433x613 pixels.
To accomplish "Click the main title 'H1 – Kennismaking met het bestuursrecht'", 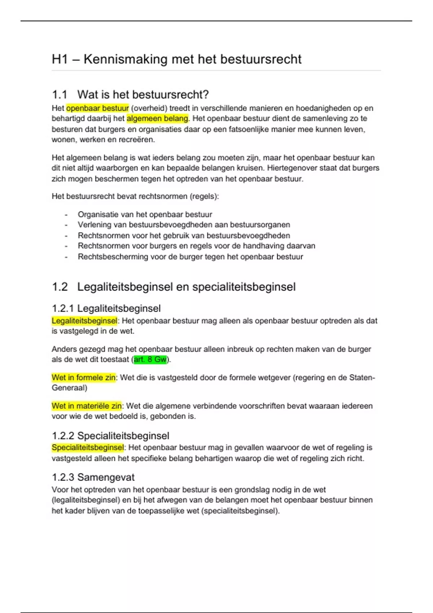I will coord(176,59).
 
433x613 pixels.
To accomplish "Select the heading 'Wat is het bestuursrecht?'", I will coord(143,94).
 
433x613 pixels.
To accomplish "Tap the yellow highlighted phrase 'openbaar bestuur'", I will coord(97,108).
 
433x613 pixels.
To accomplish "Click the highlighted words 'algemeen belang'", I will coord(157,118).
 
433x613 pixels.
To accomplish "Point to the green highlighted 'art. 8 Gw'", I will coord(150,360).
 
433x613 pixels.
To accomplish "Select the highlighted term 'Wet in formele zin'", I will coord(83,378).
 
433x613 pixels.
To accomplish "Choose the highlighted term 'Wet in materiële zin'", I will coord(87,406).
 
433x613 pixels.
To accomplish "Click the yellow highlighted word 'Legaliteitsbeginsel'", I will coord(84,321).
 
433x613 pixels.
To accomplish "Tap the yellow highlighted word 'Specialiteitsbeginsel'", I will coord(88,447).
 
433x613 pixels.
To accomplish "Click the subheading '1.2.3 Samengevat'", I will coord(93,477).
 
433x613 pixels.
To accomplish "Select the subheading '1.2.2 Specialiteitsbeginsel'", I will coord(110,436).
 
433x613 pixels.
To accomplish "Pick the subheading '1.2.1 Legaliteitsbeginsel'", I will coord(106,308).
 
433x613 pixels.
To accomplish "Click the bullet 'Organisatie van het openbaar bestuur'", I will coord(145,215).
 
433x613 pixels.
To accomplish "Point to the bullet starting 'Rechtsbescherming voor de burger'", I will coord(190,257).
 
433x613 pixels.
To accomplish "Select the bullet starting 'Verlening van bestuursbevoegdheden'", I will coord(184,225).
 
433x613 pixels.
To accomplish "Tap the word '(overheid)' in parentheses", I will coord(149,108).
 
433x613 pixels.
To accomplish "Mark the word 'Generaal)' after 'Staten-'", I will coord(69,388).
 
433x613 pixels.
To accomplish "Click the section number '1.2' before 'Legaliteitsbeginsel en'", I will coord(60,287).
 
